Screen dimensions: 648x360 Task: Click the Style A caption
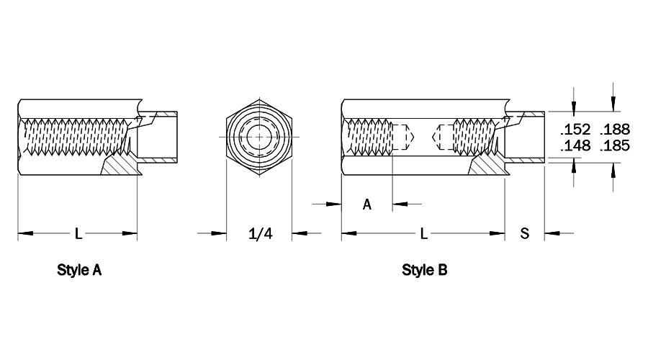click(79, 270)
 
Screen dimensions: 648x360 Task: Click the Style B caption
click(424, 270)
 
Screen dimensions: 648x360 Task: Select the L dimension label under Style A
click(78, 233)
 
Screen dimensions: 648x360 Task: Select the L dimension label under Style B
click(423, 233)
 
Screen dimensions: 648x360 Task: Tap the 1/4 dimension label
click(261, 233)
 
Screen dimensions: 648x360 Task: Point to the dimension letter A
click(367, 204)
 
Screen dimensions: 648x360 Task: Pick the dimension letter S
click(524, 233)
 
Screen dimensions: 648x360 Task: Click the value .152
click(575, 130)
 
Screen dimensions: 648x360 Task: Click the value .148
click(575, 145)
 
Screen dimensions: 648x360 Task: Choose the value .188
click(615, 130)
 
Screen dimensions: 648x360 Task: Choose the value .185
click(615, 145)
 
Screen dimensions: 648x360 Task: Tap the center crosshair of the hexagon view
click(259, 137)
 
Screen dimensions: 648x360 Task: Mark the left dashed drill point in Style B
click(403, 137)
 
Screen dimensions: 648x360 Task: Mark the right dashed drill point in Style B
click(443, 137)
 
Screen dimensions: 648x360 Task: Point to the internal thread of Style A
click(75, 137)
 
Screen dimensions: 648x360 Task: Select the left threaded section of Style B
click(369, 137)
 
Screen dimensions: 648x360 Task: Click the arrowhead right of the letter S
click(552, 233)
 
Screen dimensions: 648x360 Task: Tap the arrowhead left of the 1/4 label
click(219, 233)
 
